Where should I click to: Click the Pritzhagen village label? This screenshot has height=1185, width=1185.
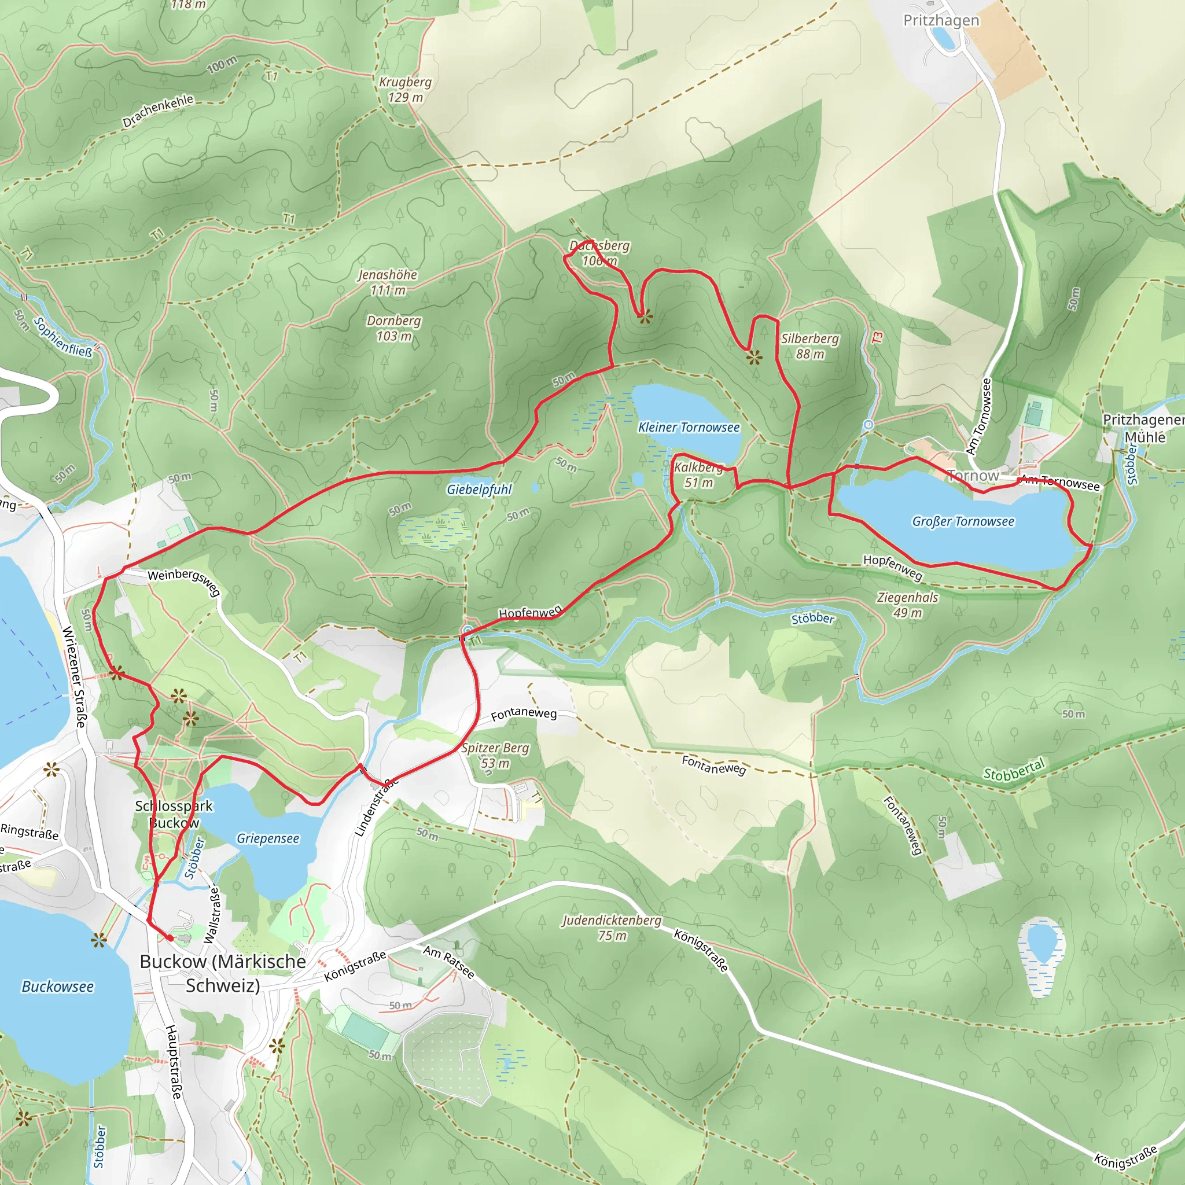coord(941,20)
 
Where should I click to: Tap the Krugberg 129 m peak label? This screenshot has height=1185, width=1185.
coord(405,90)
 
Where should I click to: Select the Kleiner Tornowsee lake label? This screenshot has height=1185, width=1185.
coord(689,428)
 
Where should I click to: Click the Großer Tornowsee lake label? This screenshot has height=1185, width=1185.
coord(962,521)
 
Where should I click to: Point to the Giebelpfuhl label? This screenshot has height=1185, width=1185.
coord(479,490)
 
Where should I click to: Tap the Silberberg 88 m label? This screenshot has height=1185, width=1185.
coord(809,346)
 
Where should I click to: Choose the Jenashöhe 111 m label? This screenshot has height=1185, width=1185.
coord(388,282)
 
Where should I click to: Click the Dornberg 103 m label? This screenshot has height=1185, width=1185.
coord(394,328)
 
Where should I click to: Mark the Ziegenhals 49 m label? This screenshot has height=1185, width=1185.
coord(908,605)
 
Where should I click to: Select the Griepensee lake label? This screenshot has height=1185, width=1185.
coord(268,838)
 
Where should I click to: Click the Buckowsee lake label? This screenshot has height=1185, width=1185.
coord(58,987)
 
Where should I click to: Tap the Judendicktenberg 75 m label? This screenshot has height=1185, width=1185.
coord(612,928)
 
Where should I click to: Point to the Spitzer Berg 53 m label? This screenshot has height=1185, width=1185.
coord(495,756)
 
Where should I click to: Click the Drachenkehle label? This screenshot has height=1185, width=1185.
coord(157,111)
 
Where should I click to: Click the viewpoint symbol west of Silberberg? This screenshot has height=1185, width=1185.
coord(755,357)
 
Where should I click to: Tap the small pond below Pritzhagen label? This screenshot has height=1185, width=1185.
coord(943,39)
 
